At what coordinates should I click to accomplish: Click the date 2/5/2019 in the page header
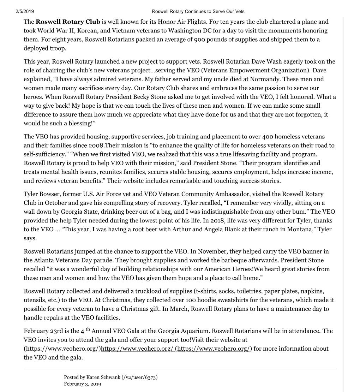(x=25, y=12)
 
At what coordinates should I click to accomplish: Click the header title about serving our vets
(x=198, y=12)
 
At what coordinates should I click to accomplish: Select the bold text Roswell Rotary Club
(x=68, y=22)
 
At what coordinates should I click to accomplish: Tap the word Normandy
(x=265, y=79)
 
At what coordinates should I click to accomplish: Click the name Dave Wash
(x=264, y=61)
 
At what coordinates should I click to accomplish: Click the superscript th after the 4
(x=88, y=329)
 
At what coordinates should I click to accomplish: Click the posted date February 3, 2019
(x=82, y=384)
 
